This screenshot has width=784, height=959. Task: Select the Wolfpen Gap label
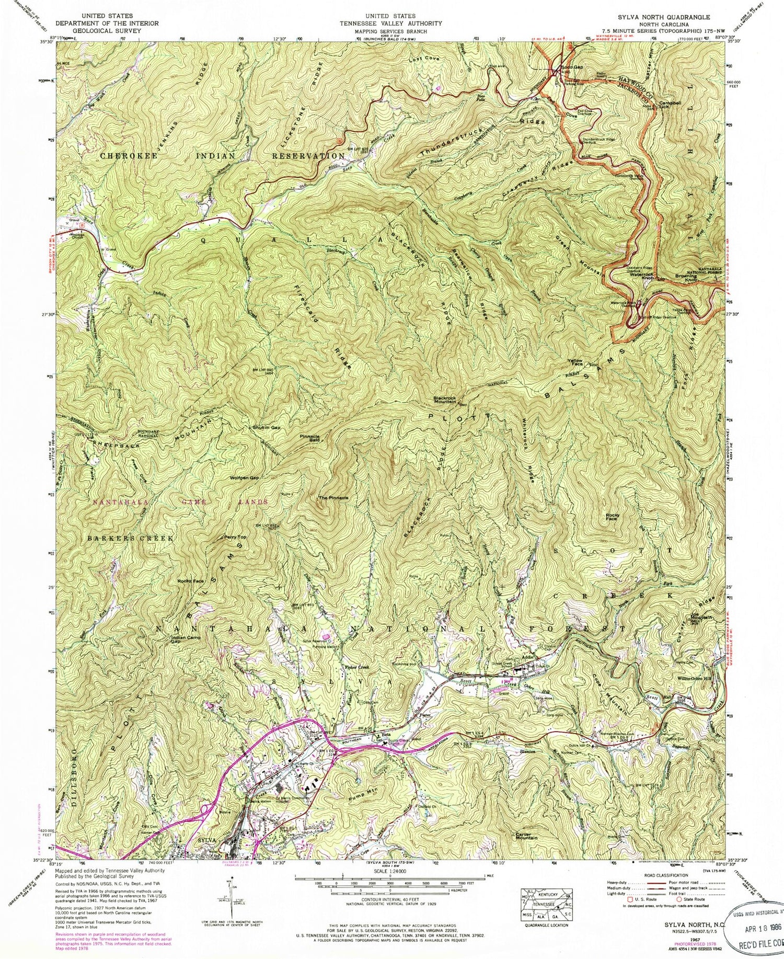(x=244, y=478)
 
